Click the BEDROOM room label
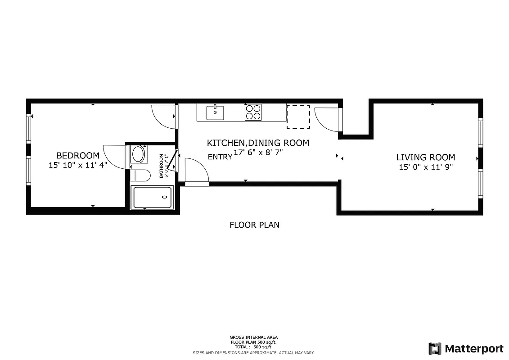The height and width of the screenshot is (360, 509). coord(78,156)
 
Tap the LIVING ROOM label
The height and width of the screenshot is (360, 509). coord(425,157)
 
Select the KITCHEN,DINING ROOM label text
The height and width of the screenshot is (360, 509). coord(258,143)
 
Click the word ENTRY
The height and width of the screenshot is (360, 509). coord(220,157)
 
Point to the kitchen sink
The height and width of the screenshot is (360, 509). coord(215,112)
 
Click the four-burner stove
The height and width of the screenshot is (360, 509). coord(253,112)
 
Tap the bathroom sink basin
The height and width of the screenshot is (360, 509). coord(139,154)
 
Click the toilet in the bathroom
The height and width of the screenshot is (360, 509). coord(140,175)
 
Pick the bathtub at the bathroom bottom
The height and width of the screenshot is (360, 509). coord(152,197)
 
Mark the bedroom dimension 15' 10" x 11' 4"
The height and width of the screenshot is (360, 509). coord(78,165)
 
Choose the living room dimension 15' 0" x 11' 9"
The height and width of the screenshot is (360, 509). coord(425,167)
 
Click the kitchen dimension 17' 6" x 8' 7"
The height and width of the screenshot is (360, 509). coord(258,153)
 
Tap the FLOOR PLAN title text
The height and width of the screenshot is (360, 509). coord(254,225)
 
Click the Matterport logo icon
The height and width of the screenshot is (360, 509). coord(435,348)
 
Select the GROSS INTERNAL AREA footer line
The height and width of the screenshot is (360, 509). coord(253,337)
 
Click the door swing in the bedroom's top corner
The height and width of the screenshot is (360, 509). coord(163,116)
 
